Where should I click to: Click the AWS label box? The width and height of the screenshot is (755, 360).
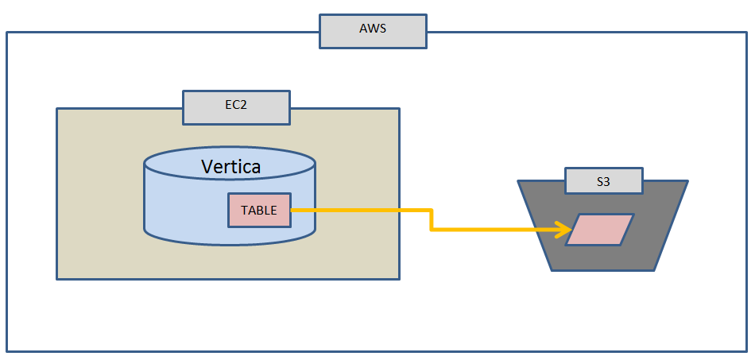(x=373, y=30)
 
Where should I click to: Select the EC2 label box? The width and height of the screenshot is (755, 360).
(x=236, y=107)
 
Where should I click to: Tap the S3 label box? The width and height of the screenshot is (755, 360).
(x=603, y=181)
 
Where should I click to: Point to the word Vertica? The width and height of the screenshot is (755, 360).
(x=230, y=167)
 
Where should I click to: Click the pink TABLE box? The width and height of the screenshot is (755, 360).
(x=259, y=211)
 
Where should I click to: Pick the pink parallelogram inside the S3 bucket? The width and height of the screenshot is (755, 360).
(x=600, y=230)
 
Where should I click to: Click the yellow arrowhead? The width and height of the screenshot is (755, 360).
(x=566, y=230)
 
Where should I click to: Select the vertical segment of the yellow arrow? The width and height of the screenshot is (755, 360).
(x=431, y=220)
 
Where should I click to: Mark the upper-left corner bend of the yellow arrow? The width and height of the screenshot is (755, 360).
(x=431, y=211)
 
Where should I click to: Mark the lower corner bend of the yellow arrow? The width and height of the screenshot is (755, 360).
(x=431, y=230)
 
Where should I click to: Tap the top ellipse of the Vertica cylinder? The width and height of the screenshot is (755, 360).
(x=230, y=163)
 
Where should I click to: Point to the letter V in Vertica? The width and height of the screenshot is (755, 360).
(x=207, y=167)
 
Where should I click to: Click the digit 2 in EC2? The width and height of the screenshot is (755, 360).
(x=243, y=107)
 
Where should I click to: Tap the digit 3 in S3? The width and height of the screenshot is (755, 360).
(x=607, y=181)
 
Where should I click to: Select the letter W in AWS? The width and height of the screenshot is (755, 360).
(x=373, y=30)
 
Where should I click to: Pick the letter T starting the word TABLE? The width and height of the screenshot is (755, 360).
(x=244, y=211)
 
